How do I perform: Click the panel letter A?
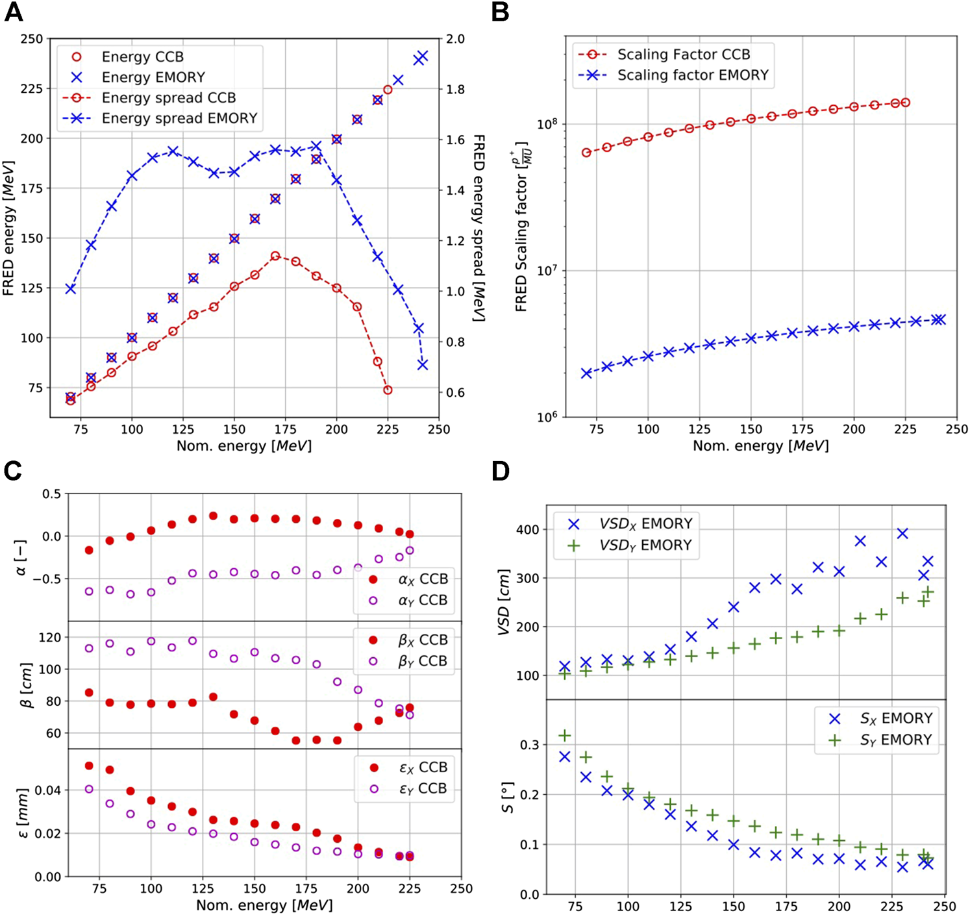click(14, 12)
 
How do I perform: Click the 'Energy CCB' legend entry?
click(142, 57)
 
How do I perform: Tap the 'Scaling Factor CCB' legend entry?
click(683, 55)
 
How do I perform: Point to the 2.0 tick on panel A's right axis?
click(455, 39)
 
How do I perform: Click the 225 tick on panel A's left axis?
click(32, 88)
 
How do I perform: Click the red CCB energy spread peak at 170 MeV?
click(275, 256)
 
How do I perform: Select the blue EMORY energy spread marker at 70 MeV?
click(71, 288)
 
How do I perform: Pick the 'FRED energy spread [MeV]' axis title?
click(479, 227)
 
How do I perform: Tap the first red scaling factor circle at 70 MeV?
click(586, 153)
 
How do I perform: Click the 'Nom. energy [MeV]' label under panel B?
click(760, 445)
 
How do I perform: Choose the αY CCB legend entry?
click(422, 600)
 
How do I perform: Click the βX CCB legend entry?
click(423, 640)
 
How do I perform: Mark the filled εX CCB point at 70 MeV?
click(89, 766)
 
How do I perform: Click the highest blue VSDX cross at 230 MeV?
click(902, 533)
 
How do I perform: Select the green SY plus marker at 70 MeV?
click(565, 735)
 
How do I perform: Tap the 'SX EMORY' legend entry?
click(895, 718)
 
